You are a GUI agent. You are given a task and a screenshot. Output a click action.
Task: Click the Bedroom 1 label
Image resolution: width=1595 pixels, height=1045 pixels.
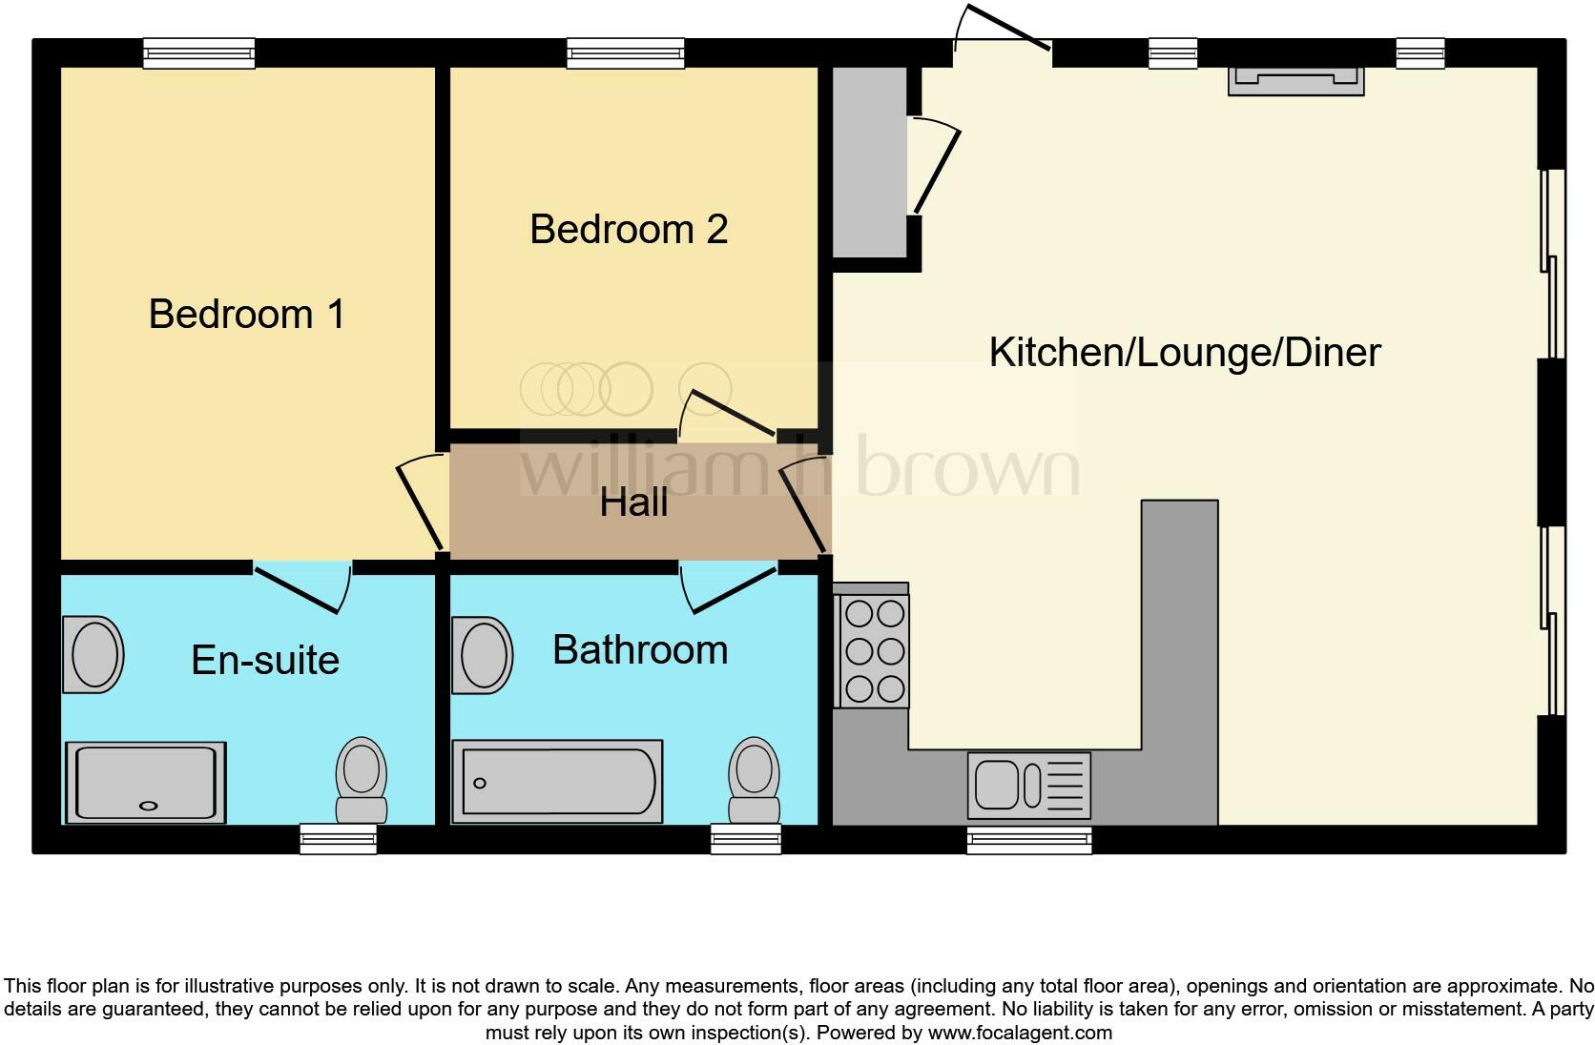tap(246, 314)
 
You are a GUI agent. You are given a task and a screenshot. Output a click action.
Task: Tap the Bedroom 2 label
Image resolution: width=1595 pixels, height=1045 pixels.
tap(629, 229)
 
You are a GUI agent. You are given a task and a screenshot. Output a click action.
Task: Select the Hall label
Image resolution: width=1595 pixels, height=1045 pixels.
tap(633, 502)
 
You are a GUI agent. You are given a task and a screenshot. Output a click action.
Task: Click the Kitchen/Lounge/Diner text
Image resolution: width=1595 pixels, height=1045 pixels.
tap(1185, 352)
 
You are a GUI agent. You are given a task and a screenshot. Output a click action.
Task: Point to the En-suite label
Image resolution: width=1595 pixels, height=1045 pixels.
tap(265, 660)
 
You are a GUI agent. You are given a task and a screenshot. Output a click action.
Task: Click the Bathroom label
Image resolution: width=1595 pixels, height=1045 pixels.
tap(640, 649)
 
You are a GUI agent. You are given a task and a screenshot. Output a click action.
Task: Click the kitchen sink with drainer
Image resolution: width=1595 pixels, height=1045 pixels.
tap(1028, 786)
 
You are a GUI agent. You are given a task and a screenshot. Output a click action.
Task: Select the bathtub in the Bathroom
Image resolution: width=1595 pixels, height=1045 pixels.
tap(557, 782)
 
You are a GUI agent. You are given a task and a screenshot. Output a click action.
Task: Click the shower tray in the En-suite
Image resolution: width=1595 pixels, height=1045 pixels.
tap(145, 782)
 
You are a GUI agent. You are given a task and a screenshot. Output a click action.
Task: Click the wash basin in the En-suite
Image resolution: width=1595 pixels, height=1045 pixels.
tap(93, 654)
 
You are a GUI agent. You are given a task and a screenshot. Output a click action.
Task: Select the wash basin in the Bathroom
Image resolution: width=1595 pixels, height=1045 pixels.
tap(483, 654)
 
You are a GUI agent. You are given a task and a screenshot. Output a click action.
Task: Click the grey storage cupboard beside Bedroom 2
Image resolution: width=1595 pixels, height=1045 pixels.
tap(869, 161)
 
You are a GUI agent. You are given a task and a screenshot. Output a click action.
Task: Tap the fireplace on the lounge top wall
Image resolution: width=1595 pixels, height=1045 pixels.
tap(1295, 80)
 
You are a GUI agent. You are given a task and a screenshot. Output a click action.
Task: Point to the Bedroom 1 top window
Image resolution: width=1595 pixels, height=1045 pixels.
tap(199, 53)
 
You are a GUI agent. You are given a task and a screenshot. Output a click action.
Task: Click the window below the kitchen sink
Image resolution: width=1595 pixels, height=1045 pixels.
tap(1028, 840)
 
